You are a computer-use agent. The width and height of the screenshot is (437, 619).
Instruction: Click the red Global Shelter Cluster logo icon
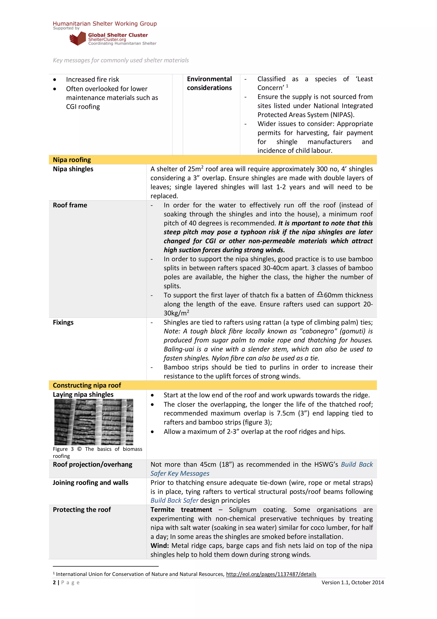coord(77,38)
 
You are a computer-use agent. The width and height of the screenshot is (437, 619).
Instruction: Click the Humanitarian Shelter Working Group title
coord(105,24)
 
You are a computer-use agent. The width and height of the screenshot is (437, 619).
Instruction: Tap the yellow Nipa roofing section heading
coord(72,160)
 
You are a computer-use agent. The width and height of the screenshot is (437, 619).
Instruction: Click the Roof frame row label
coord(70,205)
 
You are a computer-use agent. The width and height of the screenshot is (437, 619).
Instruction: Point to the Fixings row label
coord(63,322)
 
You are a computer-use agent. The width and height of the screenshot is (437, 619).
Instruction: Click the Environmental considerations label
coord(209,83)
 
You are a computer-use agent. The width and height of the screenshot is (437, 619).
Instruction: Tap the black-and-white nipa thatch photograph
coord(94,422)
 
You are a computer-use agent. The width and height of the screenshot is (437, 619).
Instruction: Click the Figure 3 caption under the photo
coord(97,452)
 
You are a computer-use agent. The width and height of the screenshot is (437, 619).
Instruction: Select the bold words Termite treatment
coord(181,510)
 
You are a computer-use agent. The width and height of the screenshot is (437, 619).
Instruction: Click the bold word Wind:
coord(159,545)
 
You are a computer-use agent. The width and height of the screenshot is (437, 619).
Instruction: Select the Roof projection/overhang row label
coord(92,465)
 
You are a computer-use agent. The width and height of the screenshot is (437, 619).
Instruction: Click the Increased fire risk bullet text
coord(92,79)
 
